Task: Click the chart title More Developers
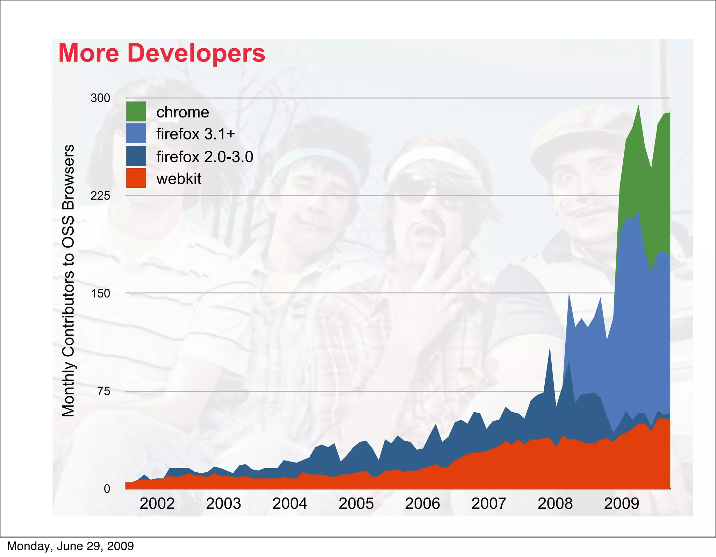(x=162, y=53)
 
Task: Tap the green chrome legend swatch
(x=136, y=112)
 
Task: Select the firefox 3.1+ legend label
(x=195, y=134)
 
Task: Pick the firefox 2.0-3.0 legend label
(x=205, y=157)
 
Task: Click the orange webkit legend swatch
(x=136, y=178)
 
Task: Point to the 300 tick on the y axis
(x=100, y=98)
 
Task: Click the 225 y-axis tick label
(x=100, y=196)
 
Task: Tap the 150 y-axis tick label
(x=100, y=293)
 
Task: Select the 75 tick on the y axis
(x=103, y=391)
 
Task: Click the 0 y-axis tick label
(x=107, y=489)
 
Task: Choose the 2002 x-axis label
(x=157, y=504)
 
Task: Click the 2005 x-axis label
(x=356, y=504)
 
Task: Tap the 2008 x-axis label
(x=555, y=504)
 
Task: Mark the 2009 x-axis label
(x=621, y=504)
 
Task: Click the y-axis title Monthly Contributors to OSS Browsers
(x=68, y=280)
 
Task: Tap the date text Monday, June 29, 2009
(x=70, y=546)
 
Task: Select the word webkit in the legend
(x=179, y=179)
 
